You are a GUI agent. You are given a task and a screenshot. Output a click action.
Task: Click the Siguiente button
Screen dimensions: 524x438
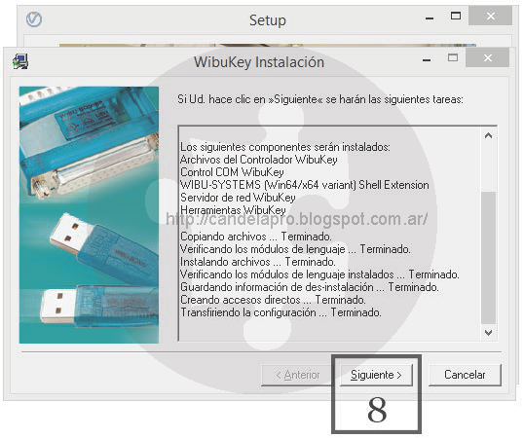click(x=376, y=375)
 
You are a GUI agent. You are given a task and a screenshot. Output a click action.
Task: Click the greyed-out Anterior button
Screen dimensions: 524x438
click(x=297, y=375)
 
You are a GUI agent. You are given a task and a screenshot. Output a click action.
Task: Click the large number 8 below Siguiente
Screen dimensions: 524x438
click(x=377, y=410)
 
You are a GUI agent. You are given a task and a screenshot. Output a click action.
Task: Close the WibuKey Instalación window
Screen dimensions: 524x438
click(x=488, y=58)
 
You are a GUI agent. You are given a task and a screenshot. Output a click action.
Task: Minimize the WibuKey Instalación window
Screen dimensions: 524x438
click(x=427, y=60)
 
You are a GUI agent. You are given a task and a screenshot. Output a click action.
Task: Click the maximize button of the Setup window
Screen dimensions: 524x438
click(x=456, y=16)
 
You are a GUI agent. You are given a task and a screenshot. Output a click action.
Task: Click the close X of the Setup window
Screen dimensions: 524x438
click(x=490, y=16)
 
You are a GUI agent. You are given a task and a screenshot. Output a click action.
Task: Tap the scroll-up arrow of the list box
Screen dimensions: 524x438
click(x=488, y=135)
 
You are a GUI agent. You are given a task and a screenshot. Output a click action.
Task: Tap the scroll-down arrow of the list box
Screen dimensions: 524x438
click(x=488, y=333)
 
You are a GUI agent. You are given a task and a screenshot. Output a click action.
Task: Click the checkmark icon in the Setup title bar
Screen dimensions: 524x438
click(x=34, y=19)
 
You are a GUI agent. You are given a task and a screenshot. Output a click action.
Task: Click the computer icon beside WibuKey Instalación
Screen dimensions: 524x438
click(x=20, y=61)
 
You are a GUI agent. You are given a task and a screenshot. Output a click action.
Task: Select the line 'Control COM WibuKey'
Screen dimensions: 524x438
click(x=232, y=172)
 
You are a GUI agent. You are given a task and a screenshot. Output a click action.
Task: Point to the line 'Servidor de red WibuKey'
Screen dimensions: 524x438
click(x=238, y=198)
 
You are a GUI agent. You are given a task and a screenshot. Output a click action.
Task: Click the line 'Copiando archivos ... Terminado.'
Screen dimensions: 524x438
click(x=256, y=237)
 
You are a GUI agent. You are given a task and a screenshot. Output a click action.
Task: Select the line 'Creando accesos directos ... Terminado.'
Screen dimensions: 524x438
click(x=273, y=300)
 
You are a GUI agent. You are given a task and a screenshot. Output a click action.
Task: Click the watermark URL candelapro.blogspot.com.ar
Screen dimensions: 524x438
click(x=297, y=219)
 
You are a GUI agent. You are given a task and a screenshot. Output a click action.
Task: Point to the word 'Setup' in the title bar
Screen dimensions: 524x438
click(x=268, y=20)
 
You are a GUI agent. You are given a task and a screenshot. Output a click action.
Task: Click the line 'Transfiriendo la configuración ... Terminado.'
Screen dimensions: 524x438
click(x=281, y=312)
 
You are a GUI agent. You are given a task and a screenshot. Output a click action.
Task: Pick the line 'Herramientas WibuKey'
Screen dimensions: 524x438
click(x=233, y=210)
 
